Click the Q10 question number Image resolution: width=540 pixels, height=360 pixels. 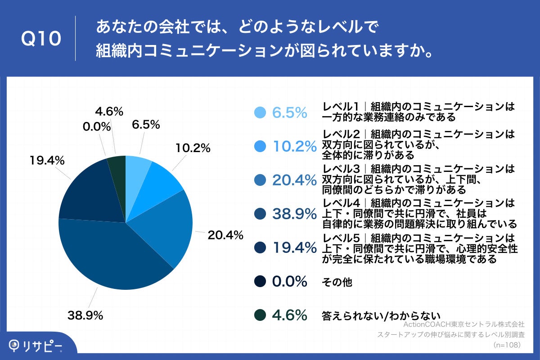click(x=41, y=39)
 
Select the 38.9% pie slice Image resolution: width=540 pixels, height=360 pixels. click(x=112, y=256)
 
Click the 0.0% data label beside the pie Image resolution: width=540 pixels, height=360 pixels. click(x=97, y=126)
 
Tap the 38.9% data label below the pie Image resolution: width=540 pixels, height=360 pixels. click(x=85, y=315)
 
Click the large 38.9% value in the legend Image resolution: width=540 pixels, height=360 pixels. click(x=294, y=214)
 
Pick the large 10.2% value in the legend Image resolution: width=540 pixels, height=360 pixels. click(x=294, y=146)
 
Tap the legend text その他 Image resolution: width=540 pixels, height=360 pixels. click(x=337, y=282)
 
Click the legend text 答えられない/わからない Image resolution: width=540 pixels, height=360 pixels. click(x=381, y=315)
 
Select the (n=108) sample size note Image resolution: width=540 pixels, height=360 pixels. click(x=507, y=345)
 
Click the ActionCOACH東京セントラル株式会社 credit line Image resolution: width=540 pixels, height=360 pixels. click(x=463, y=324)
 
